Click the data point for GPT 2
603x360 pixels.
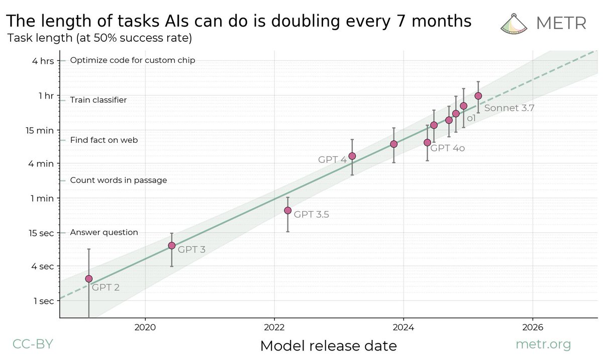pos(89,279)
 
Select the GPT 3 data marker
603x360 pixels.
pos(172,245)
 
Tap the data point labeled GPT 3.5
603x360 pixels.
pos(287,210)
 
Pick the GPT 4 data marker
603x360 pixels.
pos(352,156)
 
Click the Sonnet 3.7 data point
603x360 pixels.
pos(478,96)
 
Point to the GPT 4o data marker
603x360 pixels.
pos(427,142)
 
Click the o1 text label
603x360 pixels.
pos(471,118)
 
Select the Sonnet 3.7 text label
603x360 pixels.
pos(509,107)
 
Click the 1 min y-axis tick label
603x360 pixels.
pos(43,198)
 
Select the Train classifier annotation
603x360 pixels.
pos(98,100)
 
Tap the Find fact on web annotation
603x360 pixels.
pos(104,140)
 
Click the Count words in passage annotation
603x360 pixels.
pos(118,180)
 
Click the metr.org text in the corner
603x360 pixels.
pos(544,344)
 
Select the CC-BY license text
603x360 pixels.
pos(32,344)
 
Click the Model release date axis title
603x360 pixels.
pos(328,346)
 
